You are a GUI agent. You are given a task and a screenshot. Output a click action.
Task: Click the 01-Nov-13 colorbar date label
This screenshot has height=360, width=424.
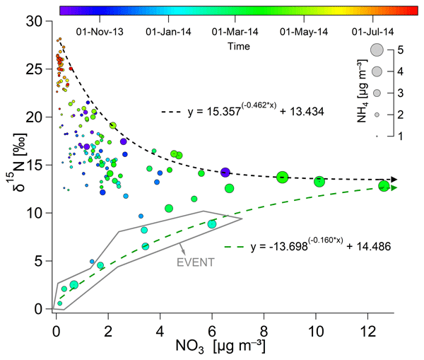[99, 32]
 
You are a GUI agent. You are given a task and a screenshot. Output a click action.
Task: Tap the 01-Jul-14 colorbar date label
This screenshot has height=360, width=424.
[369, 32]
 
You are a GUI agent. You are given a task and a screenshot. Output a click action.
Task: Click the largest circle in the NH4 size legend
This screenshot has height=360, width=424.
[376, 50]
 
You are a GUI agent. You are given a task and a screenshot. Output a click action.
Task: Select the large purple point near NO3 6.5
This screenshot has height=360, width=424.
[225, 172]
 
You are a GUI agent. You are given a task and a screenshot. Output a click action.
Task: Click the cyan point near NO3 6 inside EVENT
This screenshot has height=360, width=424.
[211, 224]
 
